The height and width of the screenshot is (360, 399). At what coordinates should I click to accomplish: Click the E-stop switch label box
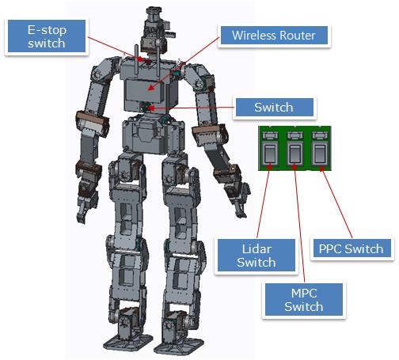[47, 36]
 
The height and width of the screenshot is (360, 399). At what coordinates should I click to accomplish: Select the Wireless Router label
[274, 36]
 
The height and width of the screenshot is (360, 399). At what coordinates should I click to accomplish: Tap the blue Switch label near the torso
[275, 108]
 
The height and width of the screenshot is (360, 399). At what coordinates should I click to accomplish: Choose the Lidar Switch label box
[256, 256]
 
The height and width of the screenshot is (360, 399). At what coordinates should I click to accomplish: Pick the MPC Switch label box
[304, 300]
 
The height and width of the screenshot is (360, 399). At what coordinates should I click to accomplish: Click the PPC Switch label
[351, 248]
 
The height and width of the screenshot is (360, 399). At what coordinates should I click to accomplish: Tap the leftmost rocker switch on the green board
[270, 153]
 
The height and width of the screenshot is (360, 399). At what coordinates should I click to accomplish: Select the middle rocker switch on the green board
[294, 153]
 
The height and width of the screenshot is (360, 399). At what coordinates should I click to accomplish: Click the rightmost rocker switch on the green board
[320, 153]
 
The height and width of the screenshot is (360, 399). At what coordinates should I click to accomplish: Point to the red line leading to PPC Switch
[336, 203]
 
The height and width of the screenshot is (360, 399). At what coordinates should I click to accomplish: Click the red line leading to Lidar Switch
[264, 202]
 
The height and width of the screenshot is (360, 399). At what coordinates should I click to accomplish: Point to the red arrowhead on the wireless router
[151, 87]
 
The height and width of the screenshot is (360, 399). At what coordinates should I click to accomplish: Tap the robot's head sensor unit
[156, 30]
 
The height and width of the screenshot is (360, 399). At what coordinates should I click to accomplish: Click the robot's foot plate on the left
[127, 343]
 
